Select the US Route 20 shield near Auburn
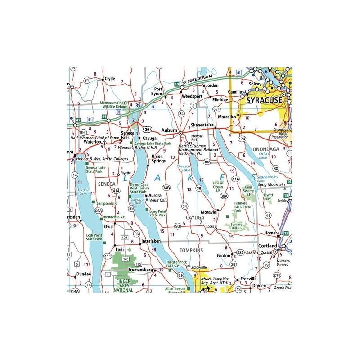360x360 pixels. [x=148, y=129]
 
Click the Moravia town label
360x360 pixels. [x=205, y=211]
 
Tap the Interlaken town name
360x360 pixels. [x=151, y=241]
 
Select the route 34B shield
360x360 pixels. [x=166, y=188]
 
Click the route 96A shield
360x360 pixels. [x=98, y=210]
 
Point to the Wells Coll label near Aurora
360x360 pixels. [x=157, y=200]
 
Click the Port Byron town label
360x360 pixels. [x=155, y=91]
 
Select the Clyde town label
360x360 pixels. [x=110, y=79]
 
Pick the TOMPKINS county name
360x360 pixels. [x=191, y=250]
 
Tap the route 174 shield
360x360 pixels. [x=242, y=139]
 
